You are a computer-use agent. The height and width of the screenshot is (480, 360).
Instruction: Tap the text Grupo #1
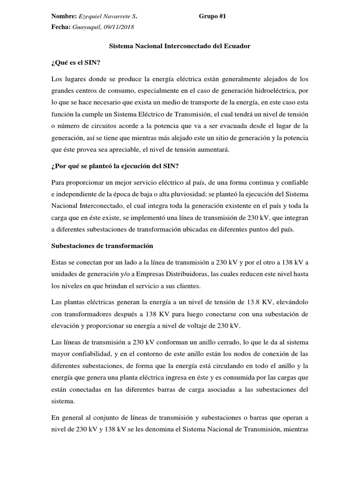(212, 16)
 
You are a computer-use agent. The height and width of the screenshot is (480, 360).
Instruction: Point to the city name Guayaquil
(88, 27)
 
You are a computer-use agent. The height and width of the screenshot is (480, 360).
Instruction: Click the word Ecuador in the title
(237, 46)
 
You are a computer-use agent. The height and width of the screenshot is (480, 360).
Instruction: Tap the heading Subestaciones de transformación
(102, 245)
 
